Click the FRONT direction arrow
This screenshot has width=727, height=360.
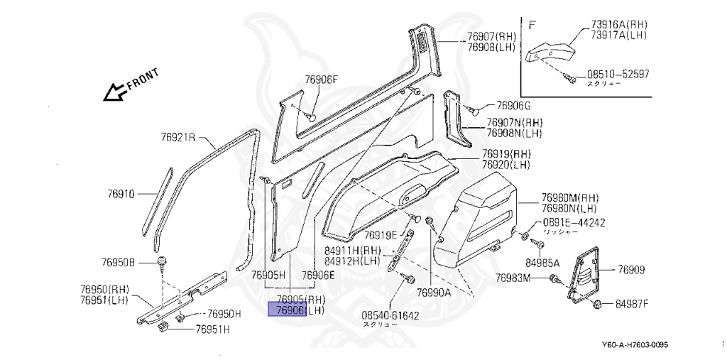pos(114,91)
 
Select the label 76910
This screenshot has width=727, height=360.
pos(121,193)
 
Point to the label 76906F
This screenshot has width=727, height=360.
pos(322,80)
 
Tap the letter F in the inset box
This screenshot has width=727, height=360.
pos(532,25)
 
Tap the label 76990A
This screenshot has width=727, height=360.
pos(434,292)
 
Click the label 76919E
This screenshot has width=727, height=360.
pos(381,235)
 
